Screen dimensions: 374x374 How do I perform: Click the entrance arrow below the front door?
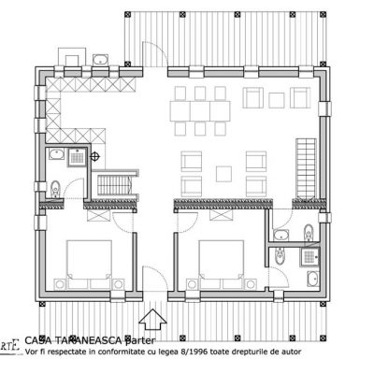154,319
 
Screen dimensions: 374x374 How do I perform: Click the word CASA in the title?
37,340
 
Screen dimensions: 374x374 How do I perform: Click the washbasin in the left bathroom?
57,155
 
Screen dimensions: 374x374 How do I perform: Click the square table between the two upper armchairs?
276,101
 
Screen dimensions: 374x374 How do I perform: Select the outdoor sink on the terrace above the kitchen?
104,61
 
